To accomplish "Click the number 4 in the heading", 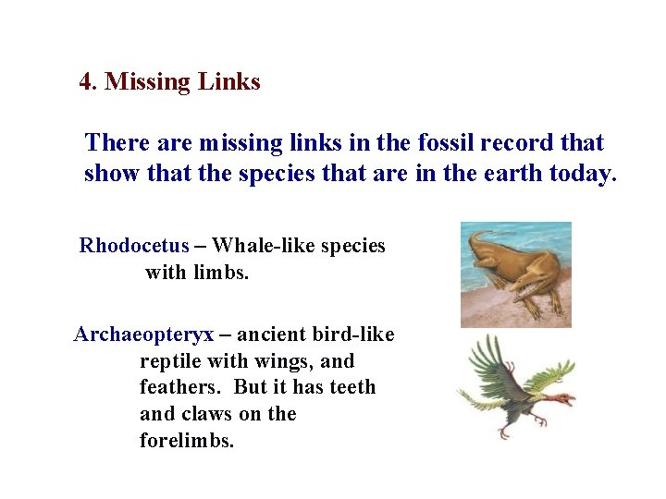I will pos(86,81).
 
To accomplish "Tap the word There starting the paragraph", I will pos(112,143).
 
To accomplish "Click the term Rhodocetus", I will pos(134,246).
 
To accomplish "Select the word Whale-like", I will pos(260,246).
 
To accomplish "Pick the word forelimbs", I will pos(186,441).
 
